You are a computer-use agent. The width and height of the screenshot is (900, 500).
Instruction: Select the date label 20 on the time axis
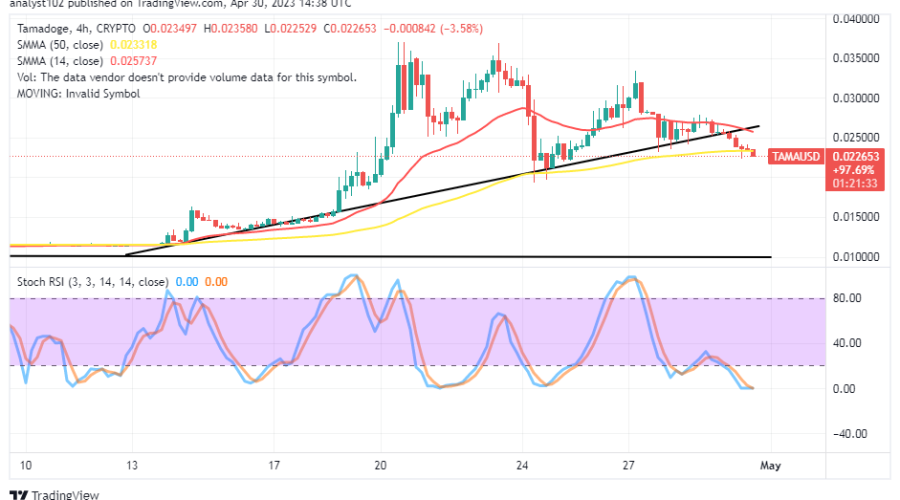click(x=381, y=466)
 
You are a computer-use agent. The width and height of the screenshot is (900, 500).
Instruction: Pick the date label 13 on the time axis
click(x=131, y=466)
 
